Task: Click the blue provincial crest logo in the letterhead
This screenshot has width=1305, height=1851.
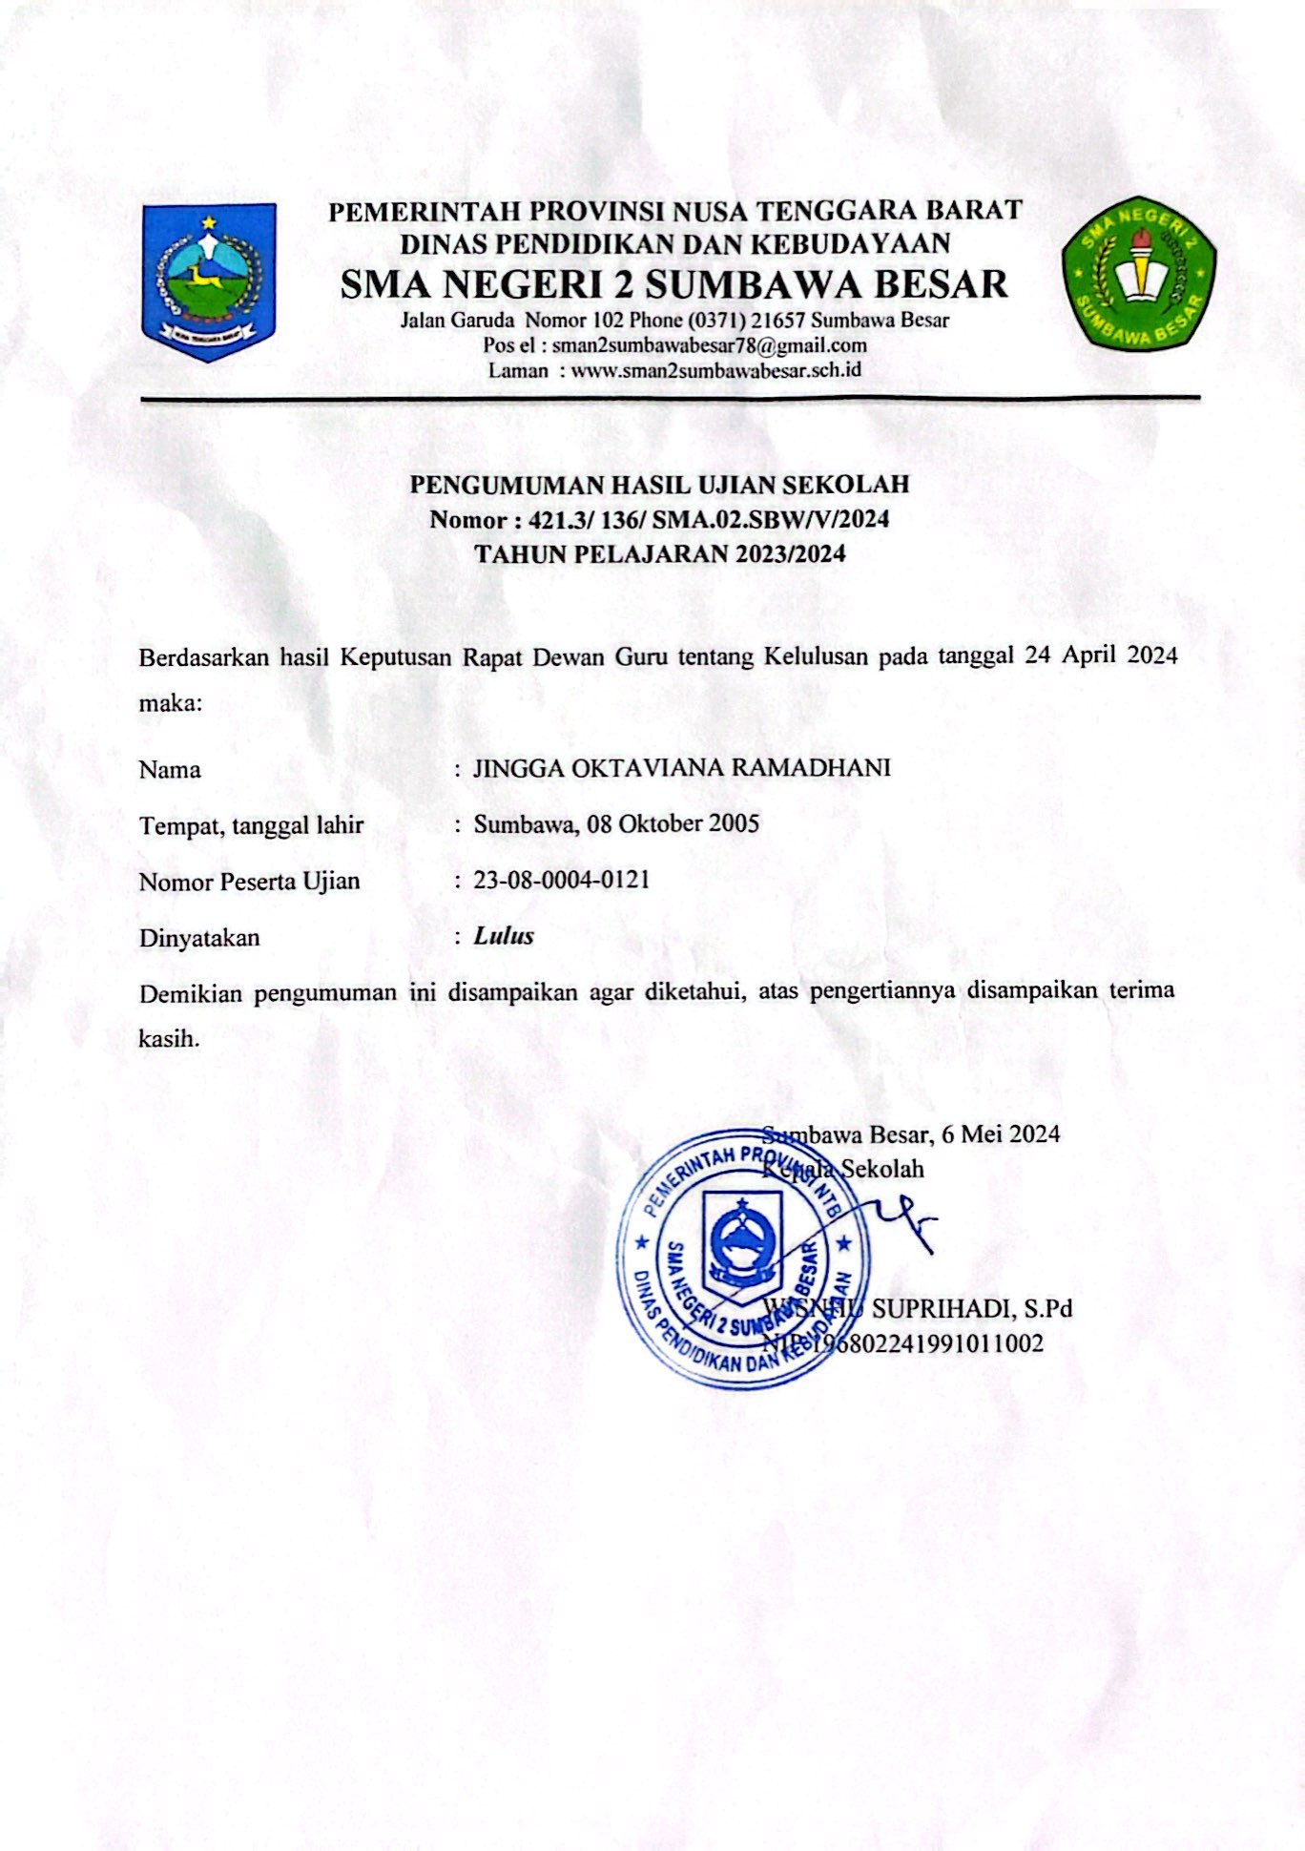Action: coord(209,281)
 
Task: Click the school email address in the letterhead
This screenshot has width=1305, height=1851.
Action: coord(709,345)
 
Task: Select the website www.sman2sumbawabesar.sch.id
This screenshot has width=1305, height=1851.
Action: coord(715,370)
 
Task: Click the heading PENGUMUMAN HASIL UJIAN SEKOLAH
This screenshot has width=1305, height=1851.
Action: coord(659,485)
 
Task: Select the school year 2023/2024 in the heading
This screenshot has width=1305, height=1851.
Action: coord(790,554)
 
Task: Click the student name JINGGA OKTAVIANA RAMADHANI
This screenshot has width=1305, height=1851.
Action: coord(681,768)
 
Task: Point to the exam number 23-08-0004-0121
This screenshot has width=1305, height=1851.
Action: coord(562,880)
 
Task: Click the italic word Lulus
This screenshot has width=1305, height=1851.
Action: coord(504,936)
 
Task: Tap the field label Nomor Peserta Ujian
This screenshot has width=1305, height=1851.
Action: coord(249,882)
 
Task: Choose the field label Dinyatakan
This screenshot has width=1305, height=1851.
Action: coord(199,938)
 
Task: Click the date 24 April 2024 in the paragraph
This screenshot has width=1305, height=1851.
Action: coord(1100,656)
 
